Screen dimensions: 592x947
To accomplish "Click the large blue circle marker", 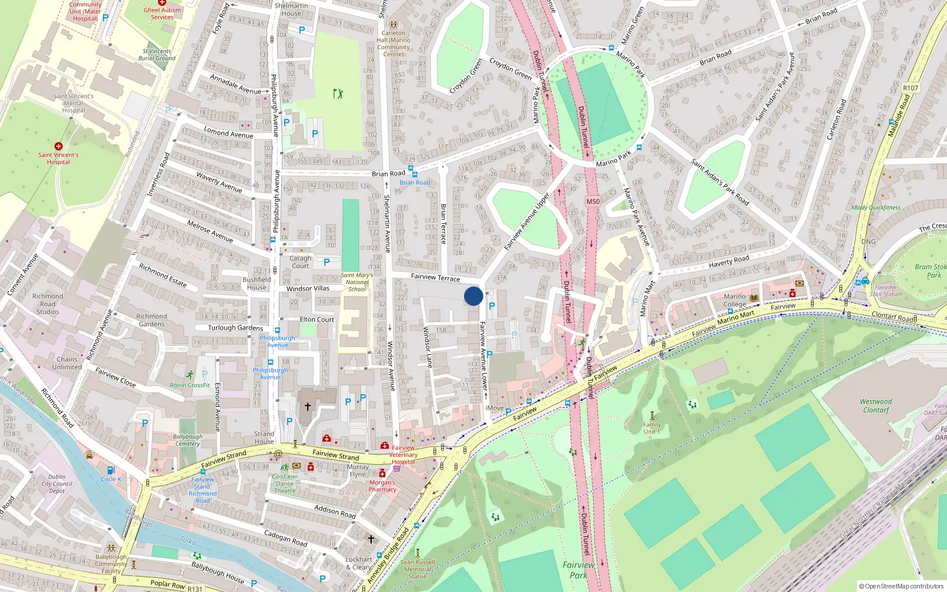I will coord(473,296).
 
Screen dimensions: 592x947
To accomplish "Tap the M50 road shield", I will coord(592,201).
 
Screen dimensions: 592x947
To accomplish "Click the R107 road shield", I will coord(910,88).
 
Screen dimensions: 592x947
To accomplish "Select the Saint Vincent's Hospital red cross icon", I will coord(58,146).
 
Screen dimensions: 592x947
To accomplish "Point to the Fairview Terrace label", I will coord(435,277).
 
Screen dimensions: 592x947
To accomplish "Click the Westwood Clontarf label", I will coord(876,406).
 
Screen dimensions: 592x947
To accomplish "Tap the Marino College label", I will coord(735,300).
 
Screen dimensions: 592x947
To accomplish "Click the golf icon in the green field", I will coord(338,94).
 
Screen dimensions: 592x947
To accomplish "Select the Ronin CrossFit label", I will coord(190,385).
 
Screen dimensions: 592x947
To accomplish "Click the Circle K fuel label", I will coord(111,479).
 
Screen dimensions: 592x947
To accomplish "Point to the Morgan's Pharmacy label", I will coord(382,486).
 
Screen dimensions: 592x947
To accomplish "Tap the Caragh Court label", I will coord(300,262).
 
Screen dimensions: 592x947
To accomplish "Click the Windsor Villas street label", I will coord(308,288).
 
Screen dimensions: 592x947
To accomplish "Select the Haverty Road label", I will coord(729,261).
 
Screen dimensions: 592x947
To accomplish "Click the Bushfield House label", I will coord(256,283).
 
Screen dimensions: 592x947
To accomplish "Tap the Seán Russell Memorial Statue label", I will coord(417,569).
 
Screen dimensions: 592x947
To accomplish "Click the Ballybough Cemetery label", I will coord(188,440).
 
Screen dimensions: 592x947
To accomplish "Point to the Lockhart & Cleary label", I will coord(359,563).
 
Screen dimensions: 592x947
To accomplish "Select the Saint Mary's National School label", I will coord(357,282).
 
